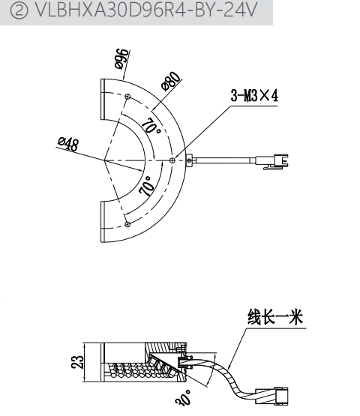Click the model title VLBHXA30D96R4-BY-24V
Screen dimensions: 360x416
146,10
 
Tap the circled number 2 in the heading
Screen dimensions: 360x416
19,11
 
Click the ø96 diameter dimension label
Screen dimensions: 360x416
123,59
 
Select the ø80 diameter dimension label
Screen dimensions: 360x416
172,81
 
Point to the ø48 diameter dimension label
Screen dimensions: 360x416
68,144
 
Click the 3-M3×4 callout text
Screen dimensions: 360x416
254,95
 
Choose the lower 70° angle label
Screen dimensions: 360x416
147,186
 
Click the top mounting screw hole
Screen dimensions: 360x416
128,96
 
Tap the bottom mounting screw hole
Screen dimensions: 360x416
127,224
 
